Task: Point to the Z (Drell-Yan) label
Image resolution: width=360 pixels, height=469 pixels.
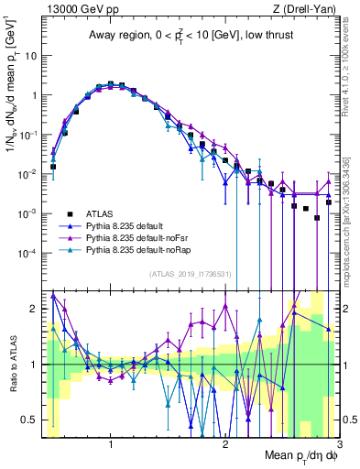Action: pos(308,7)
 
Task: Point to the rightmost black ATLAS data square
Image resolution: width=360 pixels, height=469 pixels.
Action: pos(328,202)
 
